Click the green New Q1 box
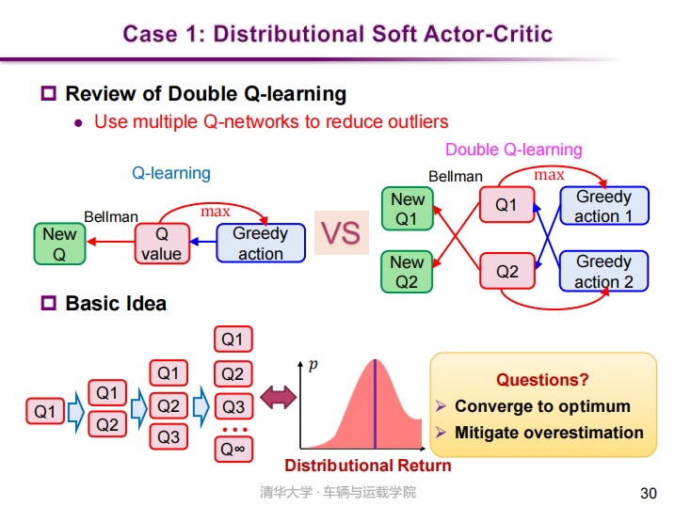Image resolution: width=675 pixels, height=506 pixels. [408, 209]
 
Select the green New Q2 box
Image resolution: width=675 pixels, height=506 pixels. [408, 271]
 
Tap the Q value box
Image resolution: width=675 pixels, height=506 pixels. [161, 244]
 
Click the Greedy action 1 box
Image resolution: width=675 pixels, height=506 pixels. [603, 206]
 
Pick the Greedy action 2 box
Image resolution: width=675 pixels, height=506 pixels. [603, 272]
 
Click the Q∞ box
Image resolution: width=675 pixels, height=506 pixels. [233, 450]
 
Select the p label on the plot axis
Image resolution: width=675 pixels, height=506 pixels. [313, 364]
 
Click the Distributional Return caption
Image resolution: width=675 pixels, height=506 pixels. [368, 466]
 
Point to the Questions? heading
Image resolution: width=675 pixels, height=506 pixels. [542, 380]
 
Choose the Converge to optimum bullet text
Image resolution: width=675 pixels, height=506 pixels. [542, 406]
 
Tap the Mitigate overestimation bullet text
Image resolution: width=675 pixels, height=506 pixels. [549, 433]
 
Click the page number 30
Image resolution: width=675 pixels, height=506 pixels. [648, 493]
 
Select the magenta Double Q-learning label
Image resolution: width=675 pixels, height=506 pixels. [513, 150]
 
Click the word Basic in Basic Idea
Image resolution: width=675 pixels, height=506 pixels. [90, 303]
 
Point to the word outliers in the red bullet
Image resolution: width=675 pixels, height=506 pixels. [415, 121]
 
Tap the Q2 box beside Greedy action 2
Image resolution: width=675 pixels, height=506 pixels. [507, 272]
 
